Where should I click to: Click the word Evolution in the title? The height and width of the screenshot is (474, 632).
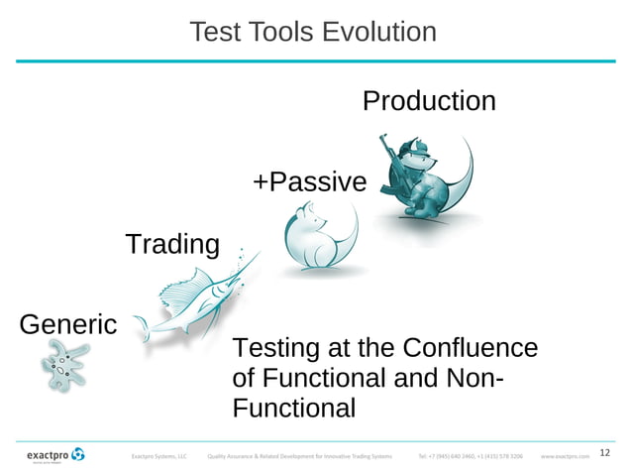pos(380,32)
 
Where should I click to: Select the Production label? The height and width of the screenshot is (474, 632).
pos(428,101)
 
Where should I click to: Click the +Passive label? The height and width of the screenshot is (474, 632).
pos(309,182)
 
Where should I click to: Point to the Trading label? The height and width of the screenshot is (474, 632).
pos(172,244)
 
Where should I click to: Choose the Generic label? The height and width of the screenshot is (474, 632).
pos(67,324)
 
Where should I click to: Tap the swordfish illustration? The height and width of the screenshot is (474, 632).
pos(188,302)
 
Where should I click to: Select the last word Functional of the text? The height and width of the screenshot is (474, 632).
pos(292,409)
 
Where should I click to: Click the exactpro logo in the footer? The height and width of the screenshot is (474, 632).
pos(54,455)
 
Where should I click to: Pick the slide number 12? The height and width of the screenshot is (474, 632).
pos(606,454)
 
